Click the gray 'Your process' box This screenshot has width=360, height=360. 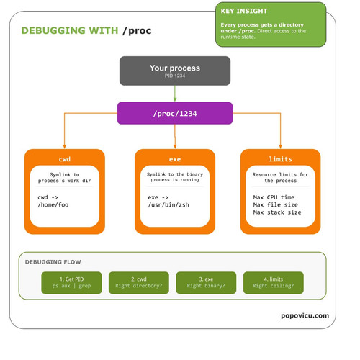(x=175, y=71)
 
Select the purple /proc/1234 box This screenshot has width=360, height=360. (x=175, y=113)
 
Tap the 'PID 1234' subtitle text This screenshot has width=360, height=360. (x=175, y=76)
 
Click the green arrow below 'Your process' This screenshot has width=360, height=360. (x=175, y=94)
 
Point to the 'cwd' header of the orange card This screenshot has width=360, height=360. (x=65, y=159)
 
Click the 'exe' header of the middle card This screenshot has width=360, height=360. (x=175, y=159)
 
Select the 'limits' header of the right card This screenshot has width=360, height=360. (x=280, y=159)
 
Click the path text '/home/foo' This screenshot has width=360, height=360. (x=53, y=204)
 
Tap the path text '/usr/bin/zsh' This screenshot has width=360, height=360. (x=168, y=204)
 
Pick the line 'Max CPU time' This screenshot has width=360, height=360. (x=274, y=197)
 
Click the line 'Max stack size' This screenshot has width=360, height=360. (x=277, y=212)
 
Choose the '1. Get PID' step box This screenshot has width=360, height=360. (x=71, y=282)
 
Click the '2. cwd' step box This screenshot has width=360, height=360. (x=139, y=282)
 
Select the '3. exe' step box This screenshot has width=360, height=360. (x=206, y=282)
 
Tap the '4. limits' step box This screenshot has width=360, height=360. (x=274, y=282)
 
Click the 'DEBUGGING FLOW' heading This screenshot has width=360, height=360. (x=53, y=262)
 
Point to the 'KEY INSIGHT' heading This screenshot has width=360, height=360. (x=244, y=11)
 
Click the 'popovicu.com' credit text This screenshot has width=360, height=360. (x=305, y=315)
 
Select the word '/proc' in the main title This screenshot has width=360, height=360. (x=137, y=31)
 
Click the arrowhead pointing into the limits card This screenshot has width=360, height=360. (x=280, y=147)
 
